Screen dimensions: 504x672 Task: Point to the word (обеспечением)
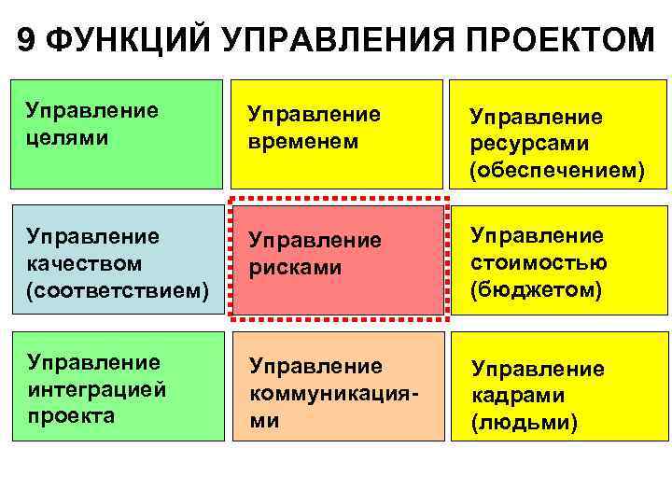click(557, 173)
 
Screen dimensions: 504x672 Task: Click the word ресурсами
click(530, 145)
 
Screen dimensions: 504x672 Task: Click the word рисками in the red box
click(295, 267)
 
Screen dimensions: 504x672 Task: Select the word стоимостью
click(539, 262)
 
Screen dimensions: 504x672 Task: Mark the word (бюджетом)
click(536, 290)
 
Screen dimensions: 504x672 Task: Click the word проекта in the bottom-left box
click(71, 415)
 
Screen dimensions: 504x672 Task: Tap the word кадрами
click(518, 396)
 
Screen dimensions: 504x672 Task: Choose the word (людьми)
click(525, 423)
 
